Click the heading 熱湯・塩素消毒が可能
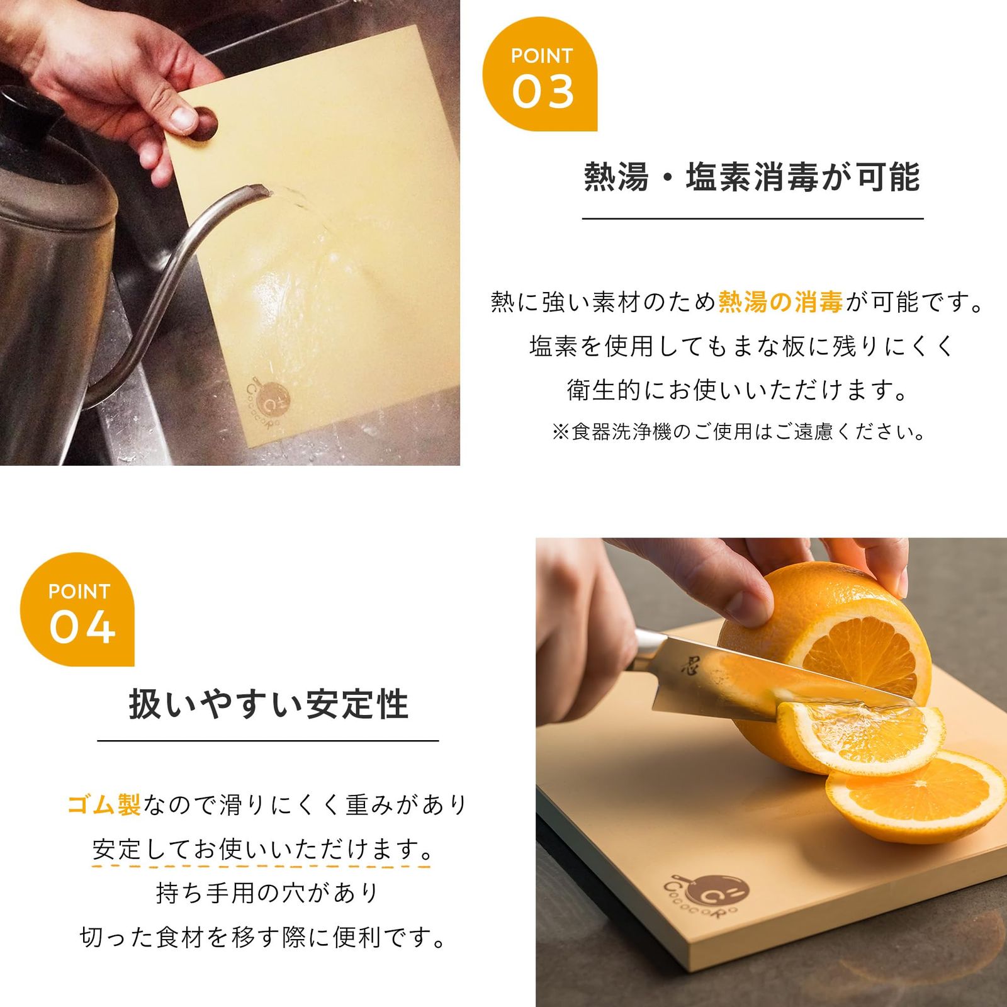752,177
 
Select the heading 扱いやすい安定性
269,704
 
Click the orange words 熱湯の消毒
780,303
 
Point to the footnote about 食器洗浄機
739,432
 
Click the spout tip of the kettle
258,188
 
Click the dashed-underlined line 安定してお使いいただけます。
262,849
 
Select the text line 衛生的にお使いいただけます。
738,390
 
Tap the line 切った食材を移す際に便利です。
263,937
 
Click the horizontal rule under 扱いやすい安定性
268,741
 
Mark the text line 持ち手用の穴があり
268,893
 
